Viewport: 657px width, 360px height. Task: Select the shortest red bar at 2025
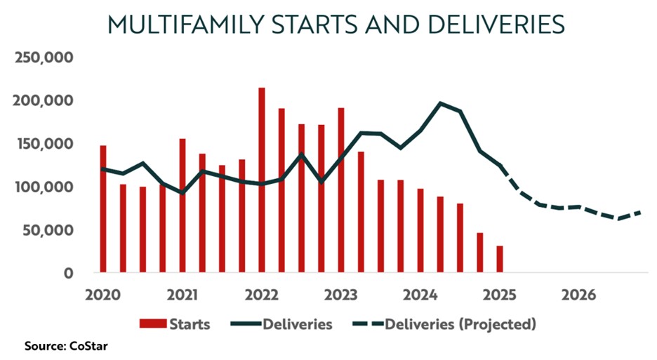(x=500, y=259)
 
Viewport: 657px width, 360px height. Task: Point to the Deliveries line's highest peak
(x=441, y=103)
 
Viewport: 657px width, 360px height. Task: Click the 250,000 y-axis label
(x=44, y=58)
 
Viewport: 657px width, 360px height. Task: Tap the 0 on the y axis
(x=69, y=273)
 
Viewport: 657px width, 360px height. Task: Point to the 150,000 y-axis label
(x=44, y=144)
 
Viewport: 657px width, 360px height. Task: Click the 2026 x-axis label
(x=579, y=295)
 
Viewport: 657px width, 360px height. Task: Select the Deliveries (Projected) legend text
(x=460, y=324)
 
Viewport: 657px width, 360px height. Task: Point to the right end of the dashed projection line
(x=644, y=211)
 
